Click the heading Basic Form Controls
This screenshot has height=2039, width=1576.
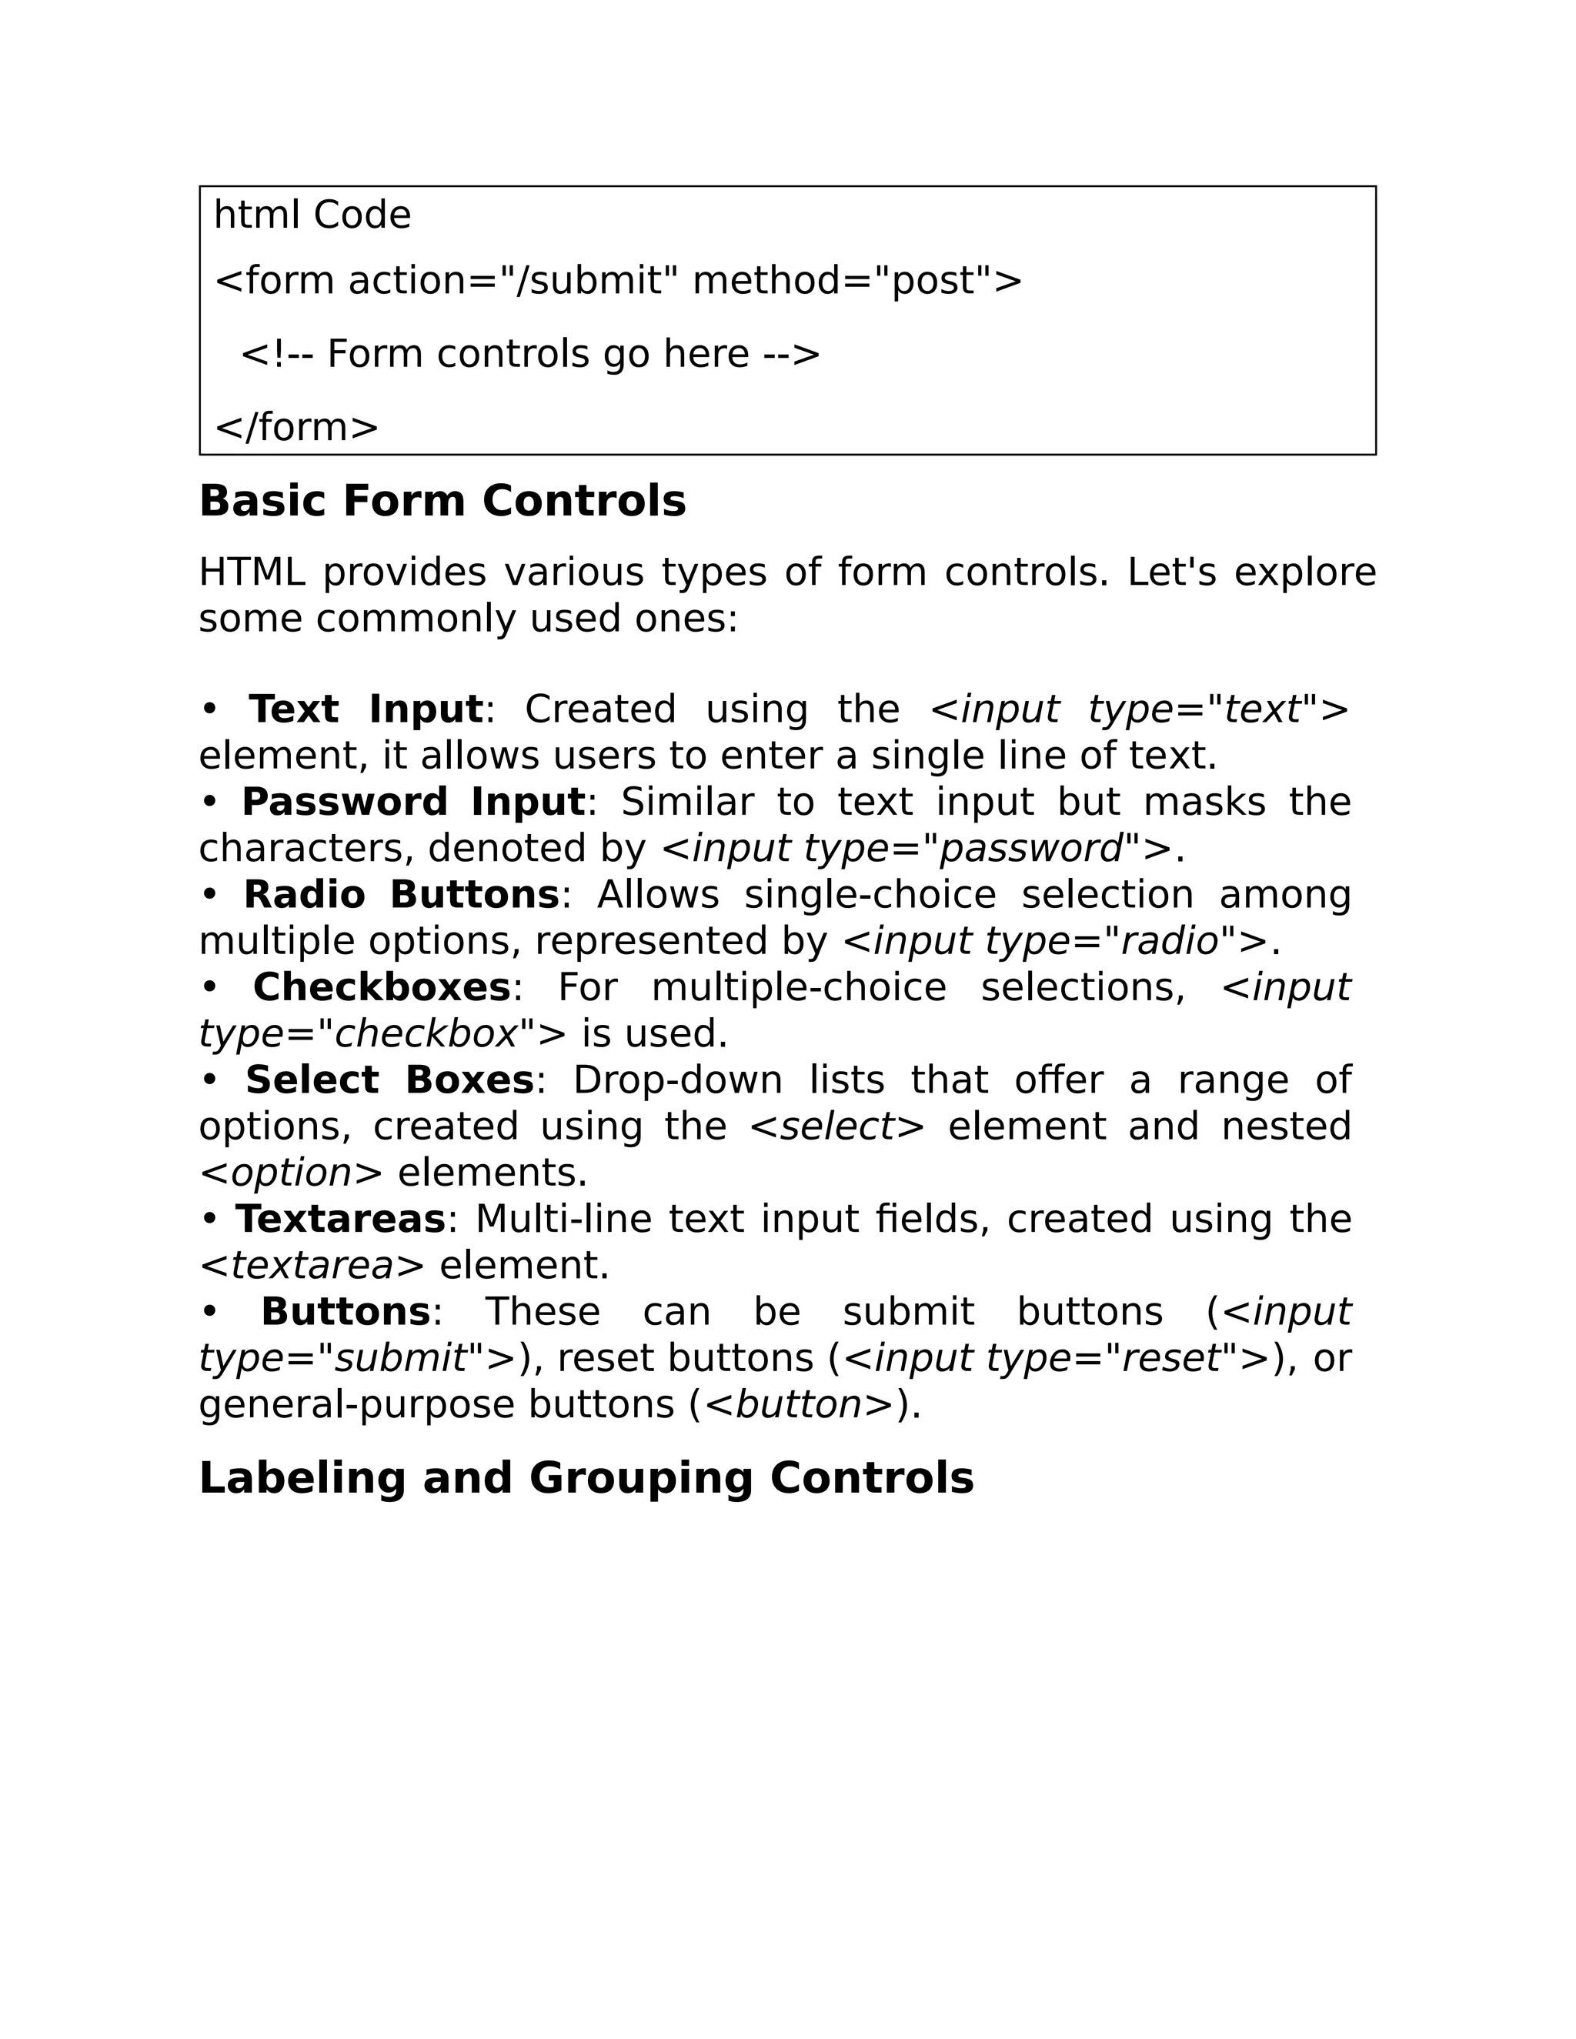[x=442, y=502]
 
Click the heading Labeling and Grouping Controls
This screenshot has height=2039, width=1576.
[x=586, y=1479]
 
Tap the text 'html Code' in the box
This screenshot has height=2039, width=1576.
[x=312, y=215]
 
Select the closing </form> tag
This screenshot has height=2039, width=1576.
[x=297, y=428]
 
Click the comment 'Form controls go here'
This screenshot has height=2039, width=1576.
[x=529, y=355]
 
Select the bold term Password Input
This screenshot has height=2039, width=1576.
[x=412, y=802]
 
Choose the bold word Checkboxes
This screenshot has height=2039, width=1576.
[x=381, y=988]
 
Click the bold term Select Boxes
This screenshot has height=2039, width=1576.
[x=389, y=1080]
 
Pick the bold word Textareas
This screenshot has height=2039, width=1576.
[x=341, y=1220]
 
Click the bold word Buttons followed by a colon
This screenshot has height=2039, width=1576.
[x=345, y=1312]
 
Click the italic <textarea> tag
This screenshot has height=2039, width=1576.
[x=312, y=1266]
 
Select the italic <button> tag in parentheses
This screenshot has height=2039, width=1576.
[x=798, y=1405]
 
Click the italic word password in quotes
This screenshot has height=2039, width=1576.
[x=1030, y=849]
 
